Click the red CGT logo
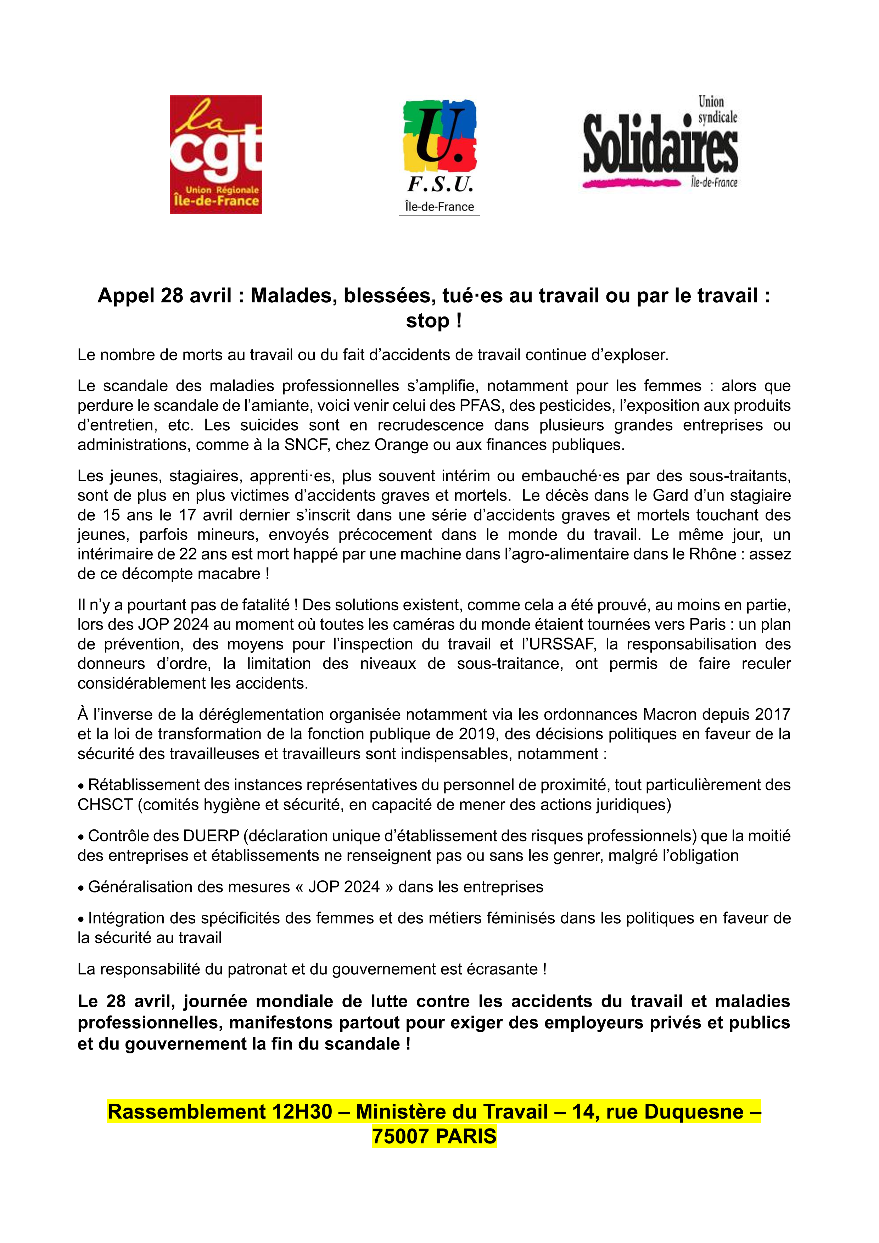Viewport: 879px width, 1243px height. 215,154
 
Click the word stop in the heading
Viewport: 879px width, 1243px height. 427,320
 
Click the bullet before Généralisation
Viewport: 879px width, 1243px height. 81,887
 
